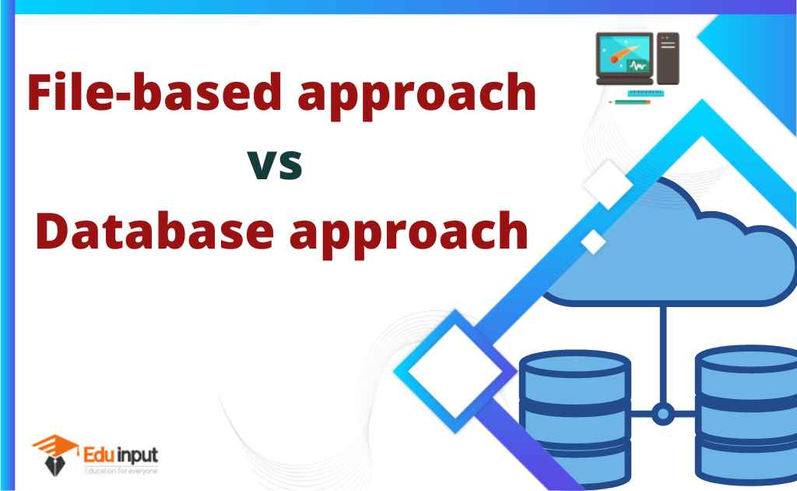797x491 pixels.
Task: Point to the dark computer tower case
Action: pyautogui.click(x=667, y=58)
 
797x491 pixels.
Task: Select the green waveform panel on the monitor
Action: pyautogui.click(x=638, y=66)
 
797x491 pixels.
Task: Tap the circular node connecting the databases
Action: pyautogui.click(x=662, y=414)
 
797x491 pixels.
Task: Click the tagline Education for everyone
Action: pyautogui.click(x=120, y=472)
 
